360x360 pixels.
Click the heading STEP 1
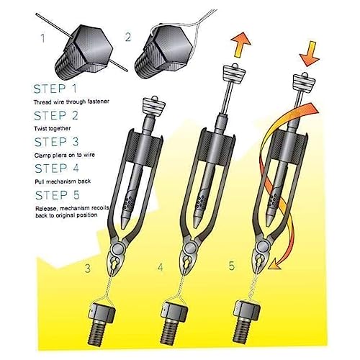point(55,89)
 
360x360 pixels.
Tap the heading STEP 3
point(56,142)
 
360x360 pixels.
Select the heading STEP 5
point(57,195)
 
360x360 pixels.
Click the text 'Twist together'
point(53,128)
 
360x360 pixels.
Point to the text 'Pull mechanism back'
point(63,181)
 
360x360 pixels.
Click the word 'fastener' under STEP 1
point(97,102)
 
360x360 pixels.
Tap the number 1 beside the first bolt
point(43,38)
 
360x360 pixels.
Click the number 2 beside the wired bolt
point(128,37)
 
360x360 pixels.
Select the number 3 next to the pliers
point(88,268)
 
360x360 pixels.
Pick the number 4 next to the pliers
point(161,266)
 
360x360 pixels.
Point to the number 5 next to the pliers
point(231,266)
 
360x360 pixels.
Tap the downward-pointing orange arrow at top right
point(310,54)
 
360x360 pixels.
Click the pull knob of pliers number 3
point(153,104)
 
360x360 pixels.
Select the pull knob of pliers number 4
point(235,72)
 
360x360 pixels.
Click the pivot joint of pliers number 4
point(189,247)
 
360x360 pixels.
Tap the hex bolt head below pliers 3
point(102,312)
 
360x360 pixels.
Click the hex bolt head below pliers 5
point(247,311)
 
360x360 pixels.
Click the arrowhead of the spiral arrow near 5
point(274,265)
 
